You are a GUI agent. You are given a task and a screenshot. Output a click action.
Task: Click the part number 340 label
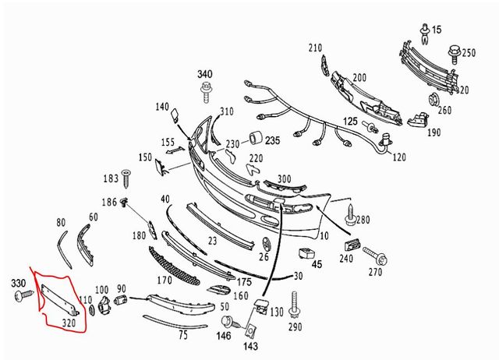click(x=204, y=75)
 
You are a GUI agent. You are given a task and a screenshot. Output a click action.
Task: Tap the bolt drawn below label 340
click(x=206, y=92)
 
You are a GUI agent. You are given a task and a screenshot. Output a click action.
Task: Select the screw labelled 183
click(x=126, y=178)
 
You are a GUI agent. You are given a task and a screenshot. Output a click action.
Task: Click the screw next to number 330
click(x=24, y=295)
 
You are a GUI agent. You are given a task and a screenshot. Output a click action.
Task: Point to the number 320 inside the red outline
click(x=69, y=323)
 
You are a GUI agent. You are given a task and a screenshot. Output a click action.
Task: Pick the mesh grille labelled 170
click(x=174, y=266)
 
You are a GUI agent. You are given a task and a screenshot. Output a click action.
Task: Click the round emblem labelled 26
click(x=267, y=244)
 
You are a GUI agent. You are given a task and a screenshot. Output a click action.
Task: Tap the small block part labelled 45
click(x=306, y=253)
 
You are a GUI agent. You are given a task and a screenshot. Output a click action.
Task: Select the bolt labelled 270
click(x=375, y=256)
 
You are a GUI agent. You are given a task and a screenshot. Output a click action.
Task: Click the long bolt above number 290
click(x=295, y=304)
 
